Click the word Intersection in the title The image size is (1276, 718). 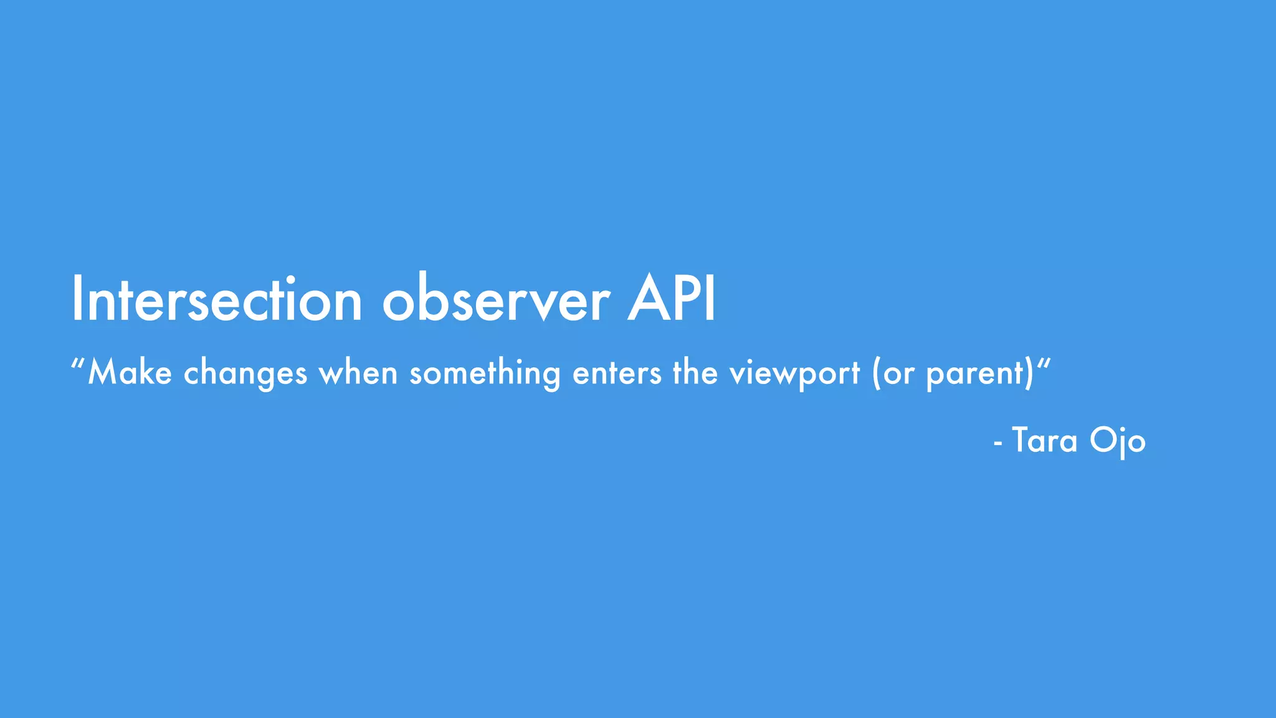click(x=217, y=300)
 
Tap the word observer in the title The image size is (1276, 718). click(x=496, y=300)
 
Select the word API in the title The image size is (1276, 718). click(x=672, y=300)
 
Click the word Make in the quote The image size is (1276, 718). click(x=130, y=373)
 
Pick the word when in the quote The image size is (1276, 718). click(x=358, y=373)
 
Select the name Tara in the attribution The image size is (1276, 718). click(x=1045, y=441)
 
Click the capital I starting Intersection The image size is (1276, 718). click(x=77, y=300)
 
